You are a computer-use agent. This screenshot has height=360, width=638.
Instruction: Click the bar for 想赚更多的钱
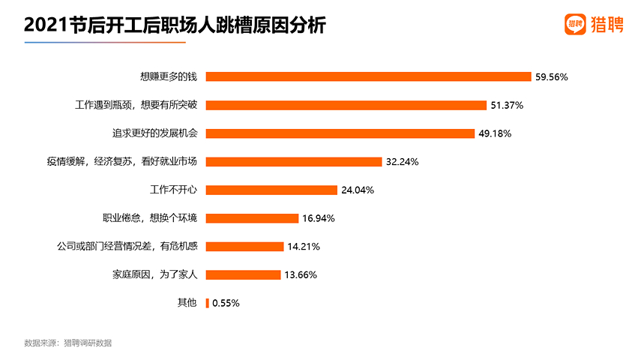tap(368, 76)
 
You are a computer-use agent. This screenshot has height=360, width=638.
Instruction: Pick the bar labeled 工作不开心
tap(271, 190)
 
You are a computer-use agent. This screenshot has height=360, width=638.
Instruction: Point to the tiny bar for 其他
tap(208, 303)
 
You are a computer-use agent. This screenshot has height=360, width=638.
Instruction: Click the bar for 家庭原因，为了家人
tap(243, 274)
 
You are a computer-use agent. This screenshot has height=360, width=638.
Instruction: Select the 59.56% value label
tap(552, 76)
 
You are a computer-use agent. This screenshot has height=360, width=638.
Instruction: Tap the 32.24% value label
tap(402, 161)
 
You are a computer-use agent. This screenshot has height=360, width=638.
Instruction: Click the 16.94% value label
tap(318, 218)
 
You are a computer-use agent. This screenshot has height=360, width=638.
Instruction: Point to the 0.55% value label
tap(226, 303)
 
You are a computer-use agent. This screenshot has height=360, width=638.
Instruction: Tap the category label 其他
tap(187, 303)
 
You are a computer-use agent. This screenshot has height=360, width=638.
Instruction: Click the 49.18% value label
tap(490, 133)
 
